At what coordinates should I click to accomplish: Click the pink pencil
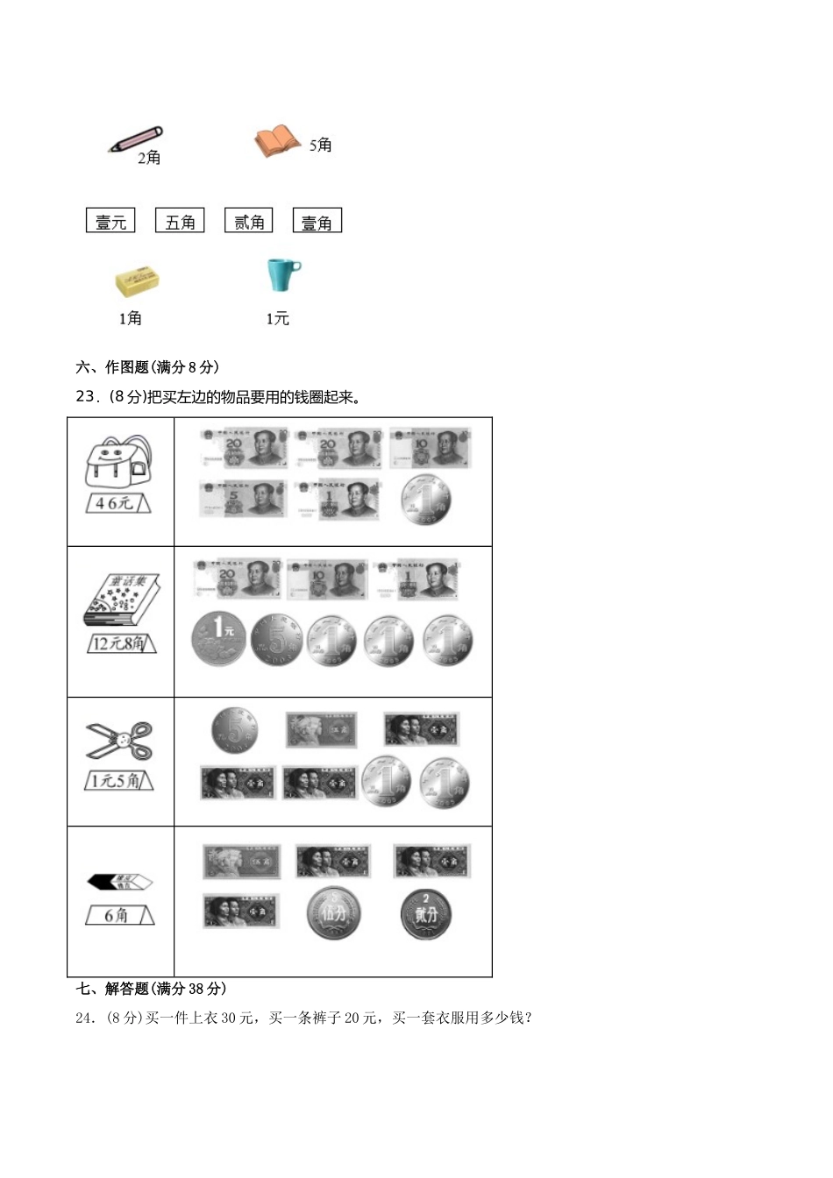point(136,139)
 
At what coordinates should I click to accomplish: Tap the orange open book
point(277,141)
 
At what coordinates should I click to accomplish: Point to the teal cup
point(282,274)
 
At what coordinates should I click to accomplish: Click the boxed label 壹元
point(110,221)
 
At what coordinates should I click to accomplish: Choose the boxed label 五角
point(180,221)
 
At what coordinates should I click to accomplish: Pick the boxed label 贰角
point(249,221)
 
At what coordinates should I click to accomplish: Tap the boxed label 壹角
point(317,221)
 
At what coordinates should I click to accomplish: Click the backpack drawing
point(118,463)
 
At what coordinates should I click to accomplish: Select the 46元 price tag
point(118,503)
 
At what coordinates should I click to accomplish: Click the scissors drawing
point(119,742)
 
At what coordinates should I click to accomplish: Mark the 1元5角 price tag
point(119,779)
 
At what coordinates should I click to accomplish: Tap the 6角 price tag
point(119,915)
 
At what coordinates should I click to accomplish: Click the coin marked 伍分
point(333,913)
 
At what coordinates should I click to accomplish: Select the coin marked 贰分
point(426,913)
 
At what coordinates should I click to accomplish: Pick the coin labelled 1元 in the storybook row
point(218,638)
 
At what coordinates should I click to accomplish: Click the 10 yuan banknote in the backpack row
point(430,448)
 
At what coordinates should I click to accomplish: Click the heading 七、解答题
point(152,989)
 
